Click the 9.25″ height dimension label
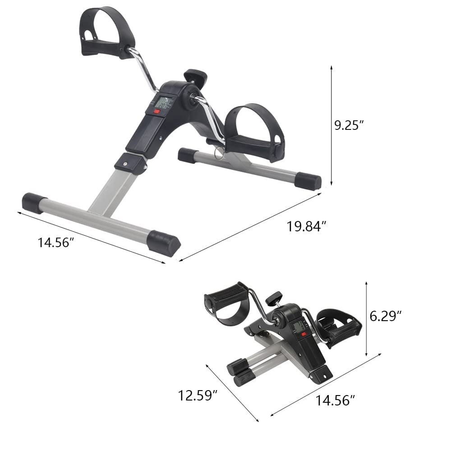(349, 125)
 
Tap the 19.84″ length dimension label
(307, 226)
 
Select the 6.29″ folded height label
(386, 316)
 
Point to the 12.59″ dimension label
(198, 396)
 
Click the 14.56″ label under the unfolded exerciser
(55, 243)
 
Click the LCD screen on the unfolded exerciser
(162, 102)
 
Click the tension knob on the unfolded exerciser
(195, 75)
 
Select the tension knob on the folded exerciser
(273, 298)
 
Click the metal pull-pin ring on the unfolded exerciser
(219, 154)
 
